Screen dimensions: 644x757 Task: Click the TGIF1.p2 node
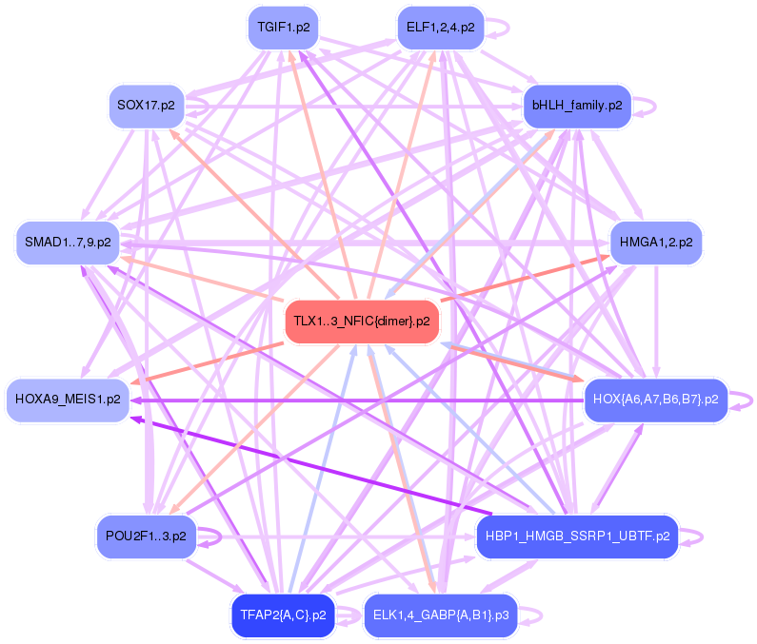click(284, 28)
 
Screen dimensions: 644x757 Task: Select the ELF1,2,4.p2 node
click(440, 28)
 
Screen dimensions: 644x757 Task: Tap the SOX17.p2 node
click(146, 105)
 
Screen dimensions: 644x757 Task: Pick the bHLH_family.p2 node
click(577, 106)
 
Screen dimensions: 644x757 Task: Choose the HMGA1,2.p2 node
click(656, 243)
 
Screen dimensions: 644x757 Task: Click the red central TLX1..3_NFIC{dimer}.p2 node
click(362, 321)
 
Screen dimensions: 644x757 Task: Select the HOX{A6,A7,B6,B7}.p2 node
click(655, 398)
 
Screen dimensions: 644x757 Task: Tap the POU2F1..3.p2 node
click(146, 537)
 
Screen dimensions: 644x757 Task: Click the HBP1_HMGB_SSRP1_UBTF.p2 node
click(577, 537)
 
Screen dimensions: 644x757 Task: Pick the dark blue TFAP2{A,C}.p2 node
click(284, 615)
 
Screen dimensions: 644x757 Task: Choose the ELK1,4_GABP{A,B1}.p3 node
click(441, 615)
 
